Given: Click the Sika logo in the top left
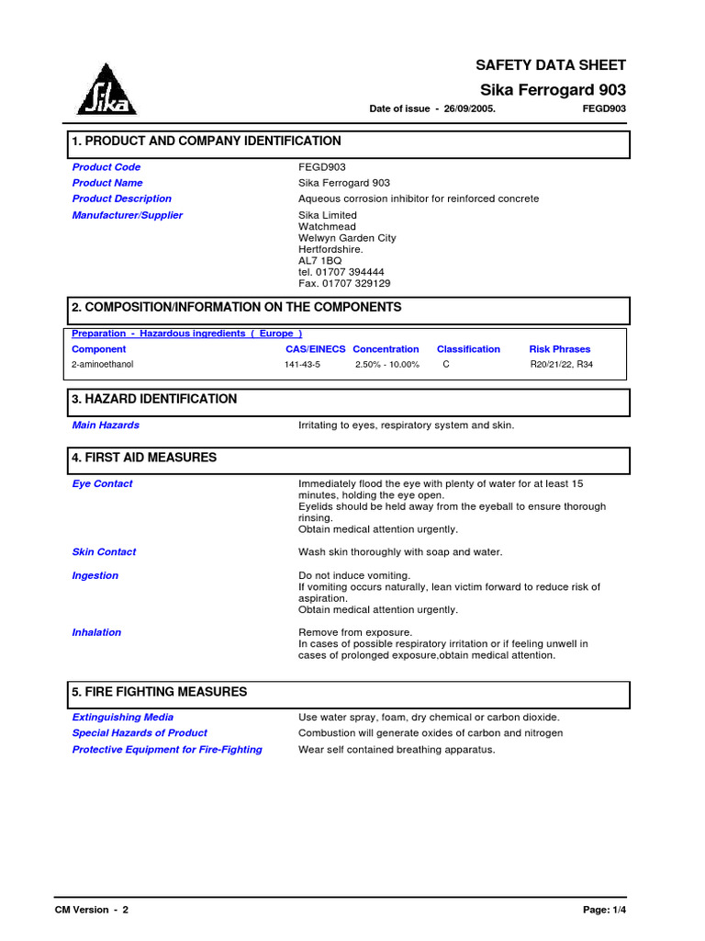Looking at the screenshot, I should tap(106, 90).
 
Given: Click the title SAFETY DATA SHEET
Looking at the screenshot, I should tap(550, 65).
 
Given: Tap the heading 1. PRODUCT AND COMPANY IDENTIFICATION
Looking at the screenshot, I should tap(207, 142).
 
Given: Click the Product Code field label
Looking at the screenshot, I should tap(106, 167).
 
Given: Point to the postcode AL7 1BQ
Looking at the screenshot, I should tap(319, 261).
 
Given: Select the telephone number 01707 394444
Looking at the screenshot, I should tap(349, 273).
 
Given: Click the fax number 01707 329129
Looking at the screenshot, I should tap(354, 284).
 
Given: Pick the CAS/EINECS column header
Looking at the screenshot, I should tap(315, 349).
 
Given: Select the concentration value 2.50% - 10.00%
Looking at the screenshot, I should tap(387, 365).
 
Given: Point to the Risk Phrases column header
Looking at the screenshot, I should tap(560, 349).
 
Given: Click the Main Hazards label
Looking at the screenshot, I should tap(106, 425).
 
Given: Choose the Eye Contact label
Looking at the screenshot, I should tap(102, 483).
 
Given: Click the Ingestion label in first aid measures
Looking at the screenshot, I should tap(95, 575).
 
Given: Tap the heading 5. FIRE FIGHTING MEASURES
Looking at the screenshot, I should tap(160, 692).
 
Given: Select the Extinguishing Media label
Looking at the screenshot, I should tap(123, 717).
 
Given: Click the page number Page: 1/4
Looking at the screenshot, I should tap(604, 910).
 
